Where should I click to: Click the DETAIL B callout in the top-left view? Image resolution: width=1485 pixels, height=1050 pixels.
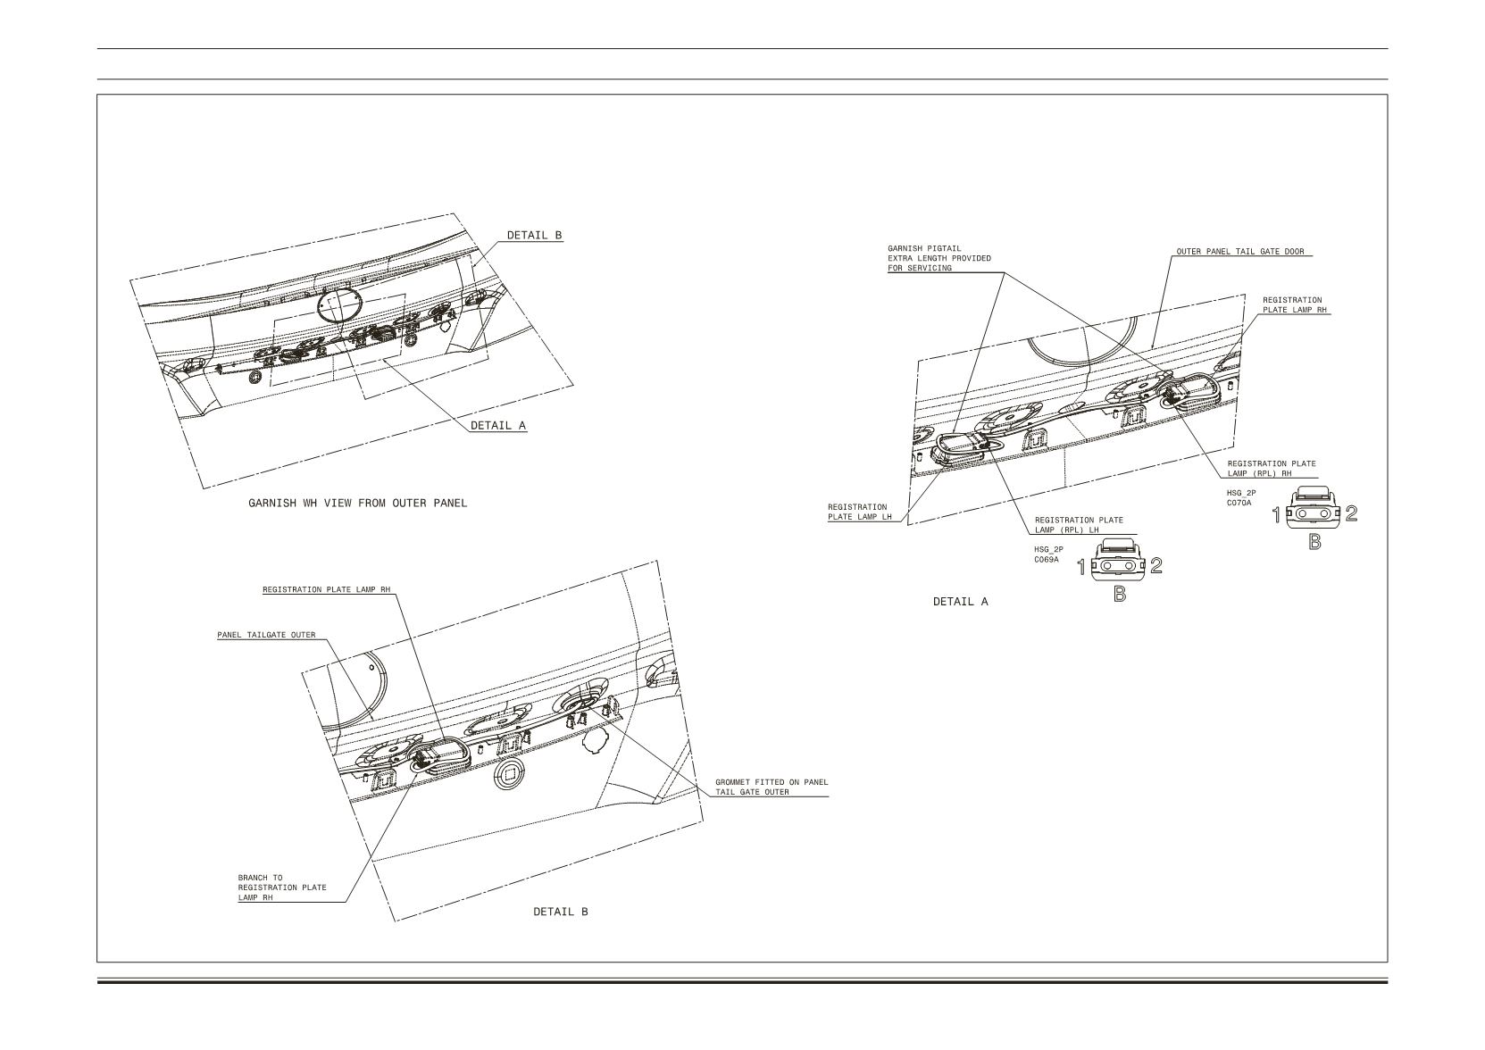point(534,236)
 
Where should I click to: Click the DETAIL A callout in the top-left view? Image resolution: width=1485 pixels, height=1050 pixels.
point(498,426)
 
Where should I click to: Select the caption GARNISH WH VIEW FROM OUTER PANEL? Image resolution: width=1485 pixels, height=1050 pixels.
point(358,504)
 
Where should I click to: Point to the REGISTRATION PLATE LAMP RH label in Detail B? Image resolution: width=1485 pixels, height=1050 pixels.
point(326,589)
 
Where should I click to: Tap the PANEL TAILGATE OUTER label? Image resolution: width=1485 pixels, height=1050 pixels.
point(266,635)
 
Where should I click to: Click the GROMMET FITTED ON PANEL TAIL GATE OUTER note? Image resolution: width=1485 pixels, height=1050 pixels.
point(772,787)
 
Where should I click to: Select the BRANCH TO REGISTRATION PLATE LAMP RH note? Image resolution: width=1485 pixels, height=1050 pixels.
point(282,887)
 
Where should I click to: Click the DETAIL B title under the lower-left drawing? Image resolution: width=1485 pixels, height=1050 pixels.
point(561,912)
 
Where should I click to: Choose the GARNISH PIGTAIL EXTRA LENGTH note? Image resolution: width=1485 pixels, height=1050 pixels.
point(939,259)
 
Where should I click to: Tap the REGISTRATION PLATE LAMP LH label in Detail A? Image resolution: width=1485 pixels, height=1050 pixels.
point(860,512)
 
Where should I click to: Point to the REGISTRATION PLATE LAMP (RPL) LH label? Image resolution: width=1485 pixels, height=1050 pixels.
point(1080,525)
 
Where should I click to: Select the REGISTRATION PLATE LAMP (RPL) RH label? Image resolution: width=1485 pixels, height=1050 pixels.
point(1272,469)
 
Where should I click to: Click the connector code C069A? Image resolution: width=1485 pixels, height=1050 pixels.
point(1047,560)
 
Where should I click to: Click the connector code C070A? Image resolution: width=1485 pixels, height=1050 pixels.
point(1239,504)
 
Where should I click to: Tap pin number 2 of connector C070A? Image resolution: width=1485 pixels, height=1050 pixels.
point(1351,513)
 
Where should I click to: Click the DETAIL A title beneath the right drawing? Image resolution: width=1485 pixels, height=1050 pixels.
point(961,602)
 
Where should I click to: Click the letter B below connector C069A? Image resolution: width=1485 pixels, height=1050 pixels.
point(1120,595)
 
